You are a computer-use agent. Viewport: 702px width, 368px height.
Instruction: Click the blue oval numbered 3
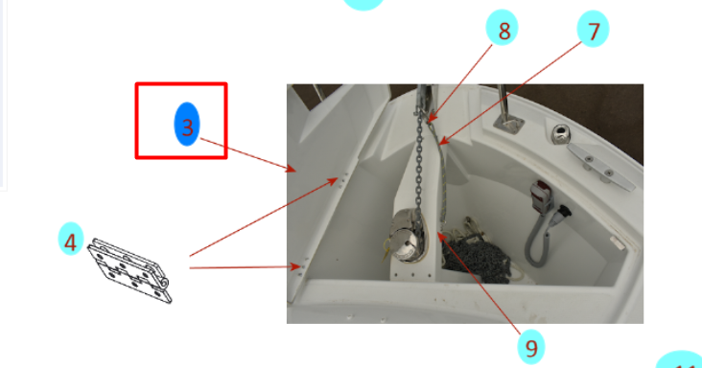click(x=187, y=124)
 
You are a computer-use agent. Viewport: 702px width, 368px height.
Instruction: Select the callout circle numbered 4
click(x=71, y=239)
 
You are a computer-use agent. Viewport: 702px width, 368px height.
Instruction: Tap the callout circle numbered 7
click(x=593, y=29)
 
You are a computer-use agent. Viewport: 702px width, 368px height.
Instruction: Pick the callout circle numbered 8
click(x=502, y=28)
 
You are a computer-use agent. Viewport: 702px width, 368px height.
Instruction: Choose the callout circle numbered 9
click(x=531, y=347)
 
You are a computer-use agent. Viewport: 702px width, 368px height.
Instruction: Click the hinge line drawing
click(x=129, y=271)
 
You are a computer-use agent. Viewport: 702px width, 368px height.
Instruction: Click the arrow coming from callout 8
click(x=459, y=83)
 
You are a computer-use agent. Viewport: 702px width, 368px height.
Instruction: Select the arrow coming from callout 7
click(x=510, y=94)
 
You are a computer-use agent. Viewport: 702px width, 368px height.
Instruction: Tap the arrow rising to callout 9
click(x=480, y=283)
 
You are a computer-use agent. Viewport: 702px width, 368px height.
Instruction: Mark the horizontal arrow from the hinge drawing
click(x=245, y=267)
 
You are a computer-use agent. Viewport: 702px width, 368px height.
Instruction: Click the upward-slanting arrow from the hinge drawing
click(x=264, y=217)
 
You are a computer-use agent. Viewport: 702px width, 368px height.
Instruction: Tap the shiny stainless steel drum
click(x=407, y=235)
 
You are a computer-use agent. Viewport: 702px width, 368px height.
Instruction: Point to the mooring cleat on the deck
click(x=600, y=166)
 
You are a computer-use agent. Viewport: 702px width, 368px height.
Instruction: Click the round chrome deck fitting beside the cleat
click(x=560, y=134)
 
